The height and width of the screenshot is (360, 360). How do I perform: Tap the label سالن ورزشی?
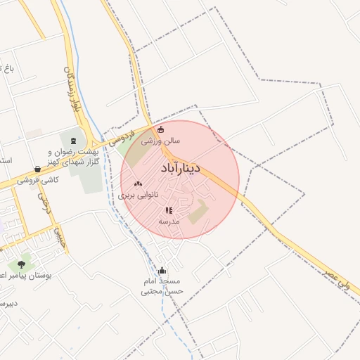[x=161, y=141]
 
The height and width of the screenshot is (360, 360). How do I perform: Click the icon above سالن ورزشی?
[x=160, y=129]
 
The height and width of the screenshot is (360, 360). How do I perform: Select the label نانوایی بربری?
[x=138, y=195]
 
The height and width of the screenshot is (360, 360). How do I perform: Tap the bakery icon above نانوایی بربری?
[x=138, y=184]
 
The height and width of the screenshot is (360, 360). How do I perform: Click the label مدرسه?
[x=169, y=221]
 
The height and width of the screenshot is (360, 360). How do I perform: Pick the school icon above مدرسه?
[x=169, y=210]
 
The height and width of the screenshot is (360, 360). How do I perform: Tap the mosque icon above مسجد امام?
[x=162, y=270]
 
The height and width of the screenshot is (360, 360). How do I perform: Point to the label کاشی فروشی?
[x=39, y=180]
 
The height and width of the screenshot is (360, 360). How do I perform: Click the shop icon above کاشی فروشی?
[x=37, y=169]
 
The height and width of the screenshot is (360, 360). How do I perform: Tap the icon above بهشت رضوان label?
[x=75, y=141]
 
